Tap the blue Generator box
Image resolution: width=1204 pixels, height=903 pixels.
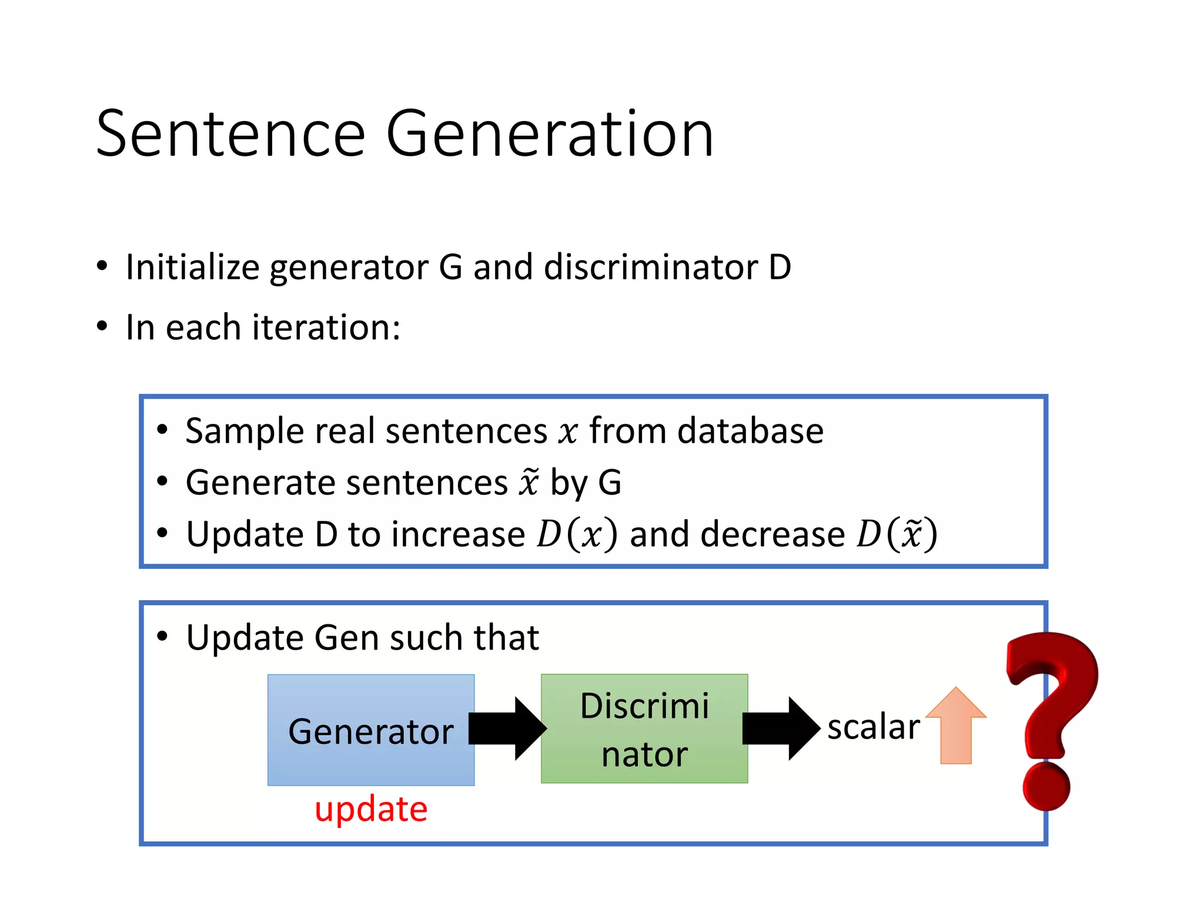(371, 730)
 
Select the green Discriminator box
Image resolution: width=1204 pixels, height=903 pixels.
(644, 728)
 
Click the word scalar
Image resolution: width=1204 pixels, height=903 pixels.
(873, 727)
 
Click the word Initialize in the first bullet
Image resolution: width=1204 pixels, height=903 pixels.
(192, 267)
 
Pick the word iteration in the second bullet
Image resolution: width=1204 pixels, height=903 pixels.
(326, 327)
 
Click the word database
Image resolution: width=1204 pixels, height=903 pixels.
(750, 431)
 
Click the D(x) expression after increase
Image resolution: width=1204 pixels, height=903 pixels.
(577, 534)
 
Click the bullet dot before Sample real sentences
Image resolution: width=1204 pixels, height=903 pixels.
(163, 430)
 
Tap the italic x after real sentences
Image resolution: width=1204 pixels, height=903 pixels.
(568, 433)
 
